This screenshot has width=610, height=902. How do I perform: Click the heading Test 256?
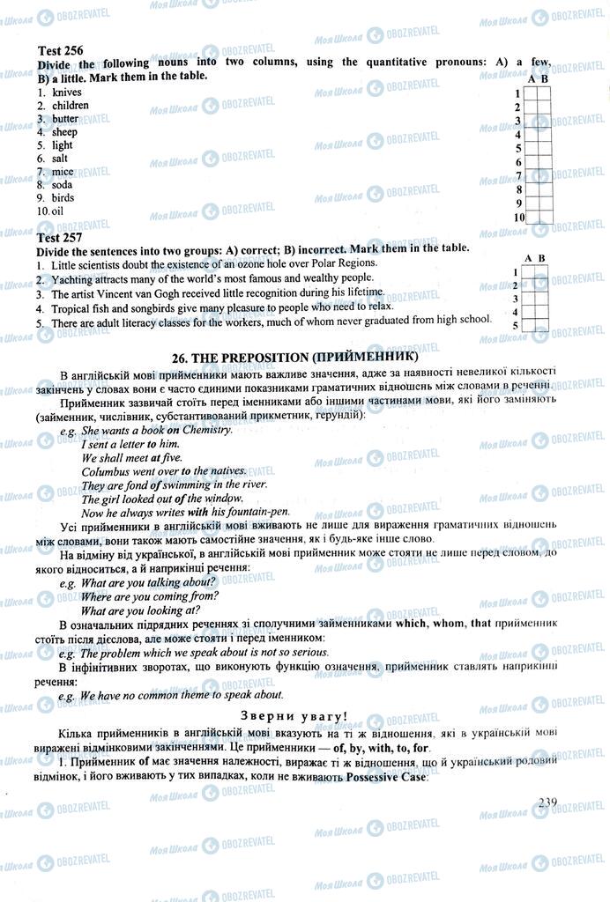[60, 51]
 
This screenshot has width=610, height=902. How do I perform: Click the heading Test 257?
[60, 237]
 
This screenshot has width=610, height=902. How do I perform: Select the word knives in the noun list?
[67, 92]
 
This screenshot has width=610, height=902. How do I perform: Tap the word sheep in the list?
[65, 131]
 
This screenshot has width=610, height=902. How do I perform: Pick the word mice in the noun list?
[63, 171]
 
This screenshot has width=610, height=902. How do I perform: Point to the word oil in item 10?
[57, 211]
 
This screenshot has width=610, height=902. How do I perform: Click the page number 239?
[547, 802]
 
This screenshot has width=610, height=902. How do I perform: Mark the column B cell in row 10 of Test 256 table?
[546, 218]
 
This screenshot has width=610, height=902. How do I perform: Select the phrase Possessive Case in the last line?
[388, 778]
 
